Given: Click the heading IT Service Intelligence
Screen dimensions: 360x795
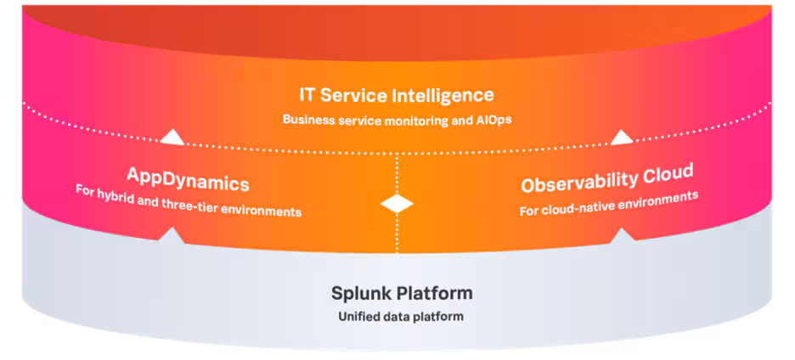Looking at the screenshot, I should pyautogui.click(x=397, y=94).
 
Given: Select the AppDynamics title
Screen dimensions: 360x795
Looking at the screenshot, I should pyautogui.click(x=188, y=180).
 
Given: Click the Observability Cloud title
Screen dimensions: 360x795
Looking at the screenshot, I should pyautogui.click(x=606, y=179).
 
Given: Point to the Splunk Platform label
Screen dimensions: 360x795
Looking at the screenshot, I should pyautogui.click(x=402, y=294).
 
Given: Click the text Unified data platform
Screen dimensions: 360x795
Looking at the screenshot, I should pyautogui.click(x=402, y=317).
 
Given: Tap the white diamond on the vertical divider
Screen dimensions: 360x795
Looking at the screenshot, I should pyautogui.click(x=397, y=204).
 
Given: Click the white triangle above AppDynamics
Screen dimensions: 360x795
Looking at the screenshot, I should pyautogui.click(x=172, y=135).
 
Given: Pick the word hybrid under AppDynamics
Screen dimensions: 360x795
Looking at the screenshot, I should pyautogui.click(x=119, y=194).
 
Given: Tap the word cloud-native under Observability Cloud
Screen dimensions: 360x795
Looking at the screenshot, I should pyautogui.click(x=578, y=203).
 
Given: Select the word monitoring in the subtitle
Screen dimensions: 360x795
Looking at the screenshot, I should pyautogui.click(x=413, y=120).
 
